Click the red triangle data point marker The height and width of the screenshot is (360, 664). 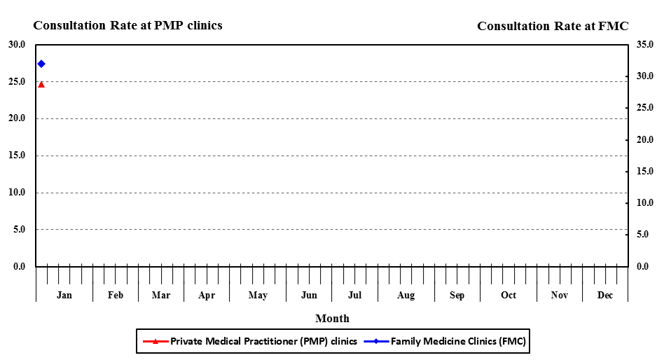41,84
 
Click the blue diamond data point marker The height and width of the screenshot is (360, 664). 41,64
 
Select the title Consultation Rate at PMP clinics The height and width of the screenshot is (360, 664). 127,25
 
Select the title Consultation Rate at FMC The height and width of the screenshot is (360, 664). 553,26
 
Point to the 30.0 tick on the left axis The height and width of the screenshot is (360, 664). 17,45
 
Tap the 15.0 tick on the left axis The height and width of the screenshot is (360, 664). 17,155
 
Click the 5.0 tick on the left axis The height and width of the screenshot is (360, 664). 19,229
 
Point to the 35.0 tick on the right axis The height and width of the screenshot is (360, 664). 645,45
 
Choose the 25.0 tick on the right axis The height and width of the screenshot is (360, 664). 645,108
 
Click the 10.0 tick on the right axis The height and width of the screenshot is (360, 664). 645,203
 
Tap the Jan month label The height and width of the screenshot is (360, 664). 64,295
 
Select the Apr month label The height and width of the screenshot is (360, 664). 207,295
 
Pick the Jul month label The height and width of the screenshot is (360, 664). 354,295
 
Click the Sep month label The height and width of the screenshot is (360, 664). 457,295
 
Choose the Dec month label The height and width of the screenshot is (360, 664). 605,295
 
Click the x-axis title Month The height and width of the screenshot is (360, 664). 332,319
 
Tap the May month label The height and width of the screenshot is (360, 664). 258,295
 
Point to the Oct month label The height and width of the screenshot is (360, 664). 509,295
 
